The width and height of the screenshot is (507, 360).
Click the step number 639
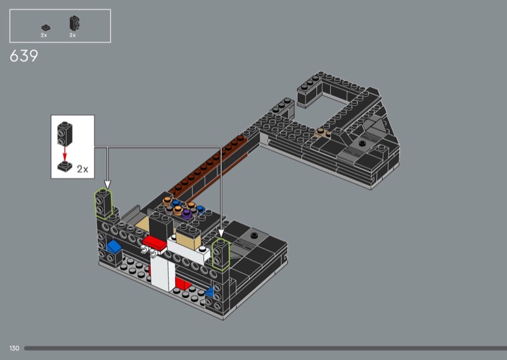click(23, 56)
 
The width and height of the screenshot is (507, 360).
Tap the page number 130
click(14, 348)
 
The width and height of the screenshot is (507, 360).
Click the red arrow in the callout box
click(65, 154)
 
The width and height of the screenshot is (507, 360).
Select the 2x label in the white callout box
click(82, 169)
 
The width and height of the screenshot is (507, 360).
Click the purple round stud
click(186, 213)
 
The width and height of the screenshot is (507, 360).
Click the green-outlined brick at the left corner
click(103, 204)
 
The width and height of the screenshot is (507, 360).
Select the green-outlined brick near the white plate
click(221, 254)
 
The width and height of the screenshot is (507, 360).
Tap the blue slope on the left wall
click(114, 247)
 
